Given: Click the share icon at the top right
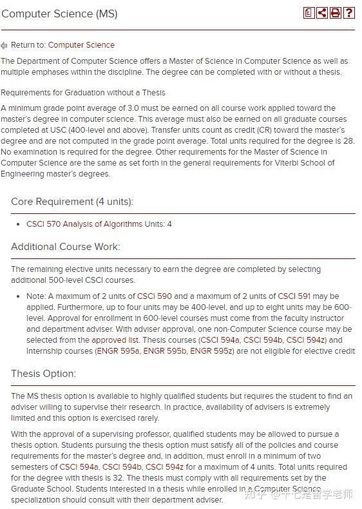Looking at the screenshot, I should click(x=322, y=13).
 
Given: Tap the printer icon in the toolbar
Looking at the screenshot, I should click(x=336, y=13).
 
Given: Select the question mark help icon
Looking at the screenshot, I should click(x=349, y=13).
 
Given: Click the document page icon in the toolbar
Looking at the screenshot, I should click(x=309, y=13).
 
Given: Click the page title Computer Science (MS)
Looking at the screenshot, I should click(x=59, y=14).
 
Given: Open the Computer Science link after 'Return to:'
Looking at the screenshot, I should click(x=81, y=45).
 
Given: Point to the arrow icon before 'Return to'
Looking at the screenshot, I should click(x=5, y=46).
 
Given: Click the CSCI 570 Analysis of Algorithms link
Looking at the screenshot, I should click(x=84, y=224).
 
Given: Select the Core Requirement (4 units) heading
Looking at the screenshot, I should click(x=72, y=202).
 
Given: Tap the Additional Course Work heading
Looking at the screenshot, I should click(x=65, y=247).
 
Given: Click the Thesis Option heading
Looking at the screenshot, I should click(x=43, y=374).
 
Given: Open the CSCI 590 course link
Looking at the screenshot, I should click(x=155, y=296).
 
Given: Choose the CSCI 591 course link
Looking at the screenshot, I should click(x=294, y=296).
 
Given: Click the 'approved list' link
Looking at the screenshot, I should click(x=115, y=340).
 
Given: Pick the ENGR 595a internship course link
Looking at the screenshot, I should click(x=118, y=351).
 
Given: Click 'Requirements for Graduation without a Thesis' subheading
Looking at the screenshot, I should click(x=83, y=93).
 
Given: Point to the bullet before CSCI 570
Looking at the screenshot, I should click(x=19, y=225).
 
